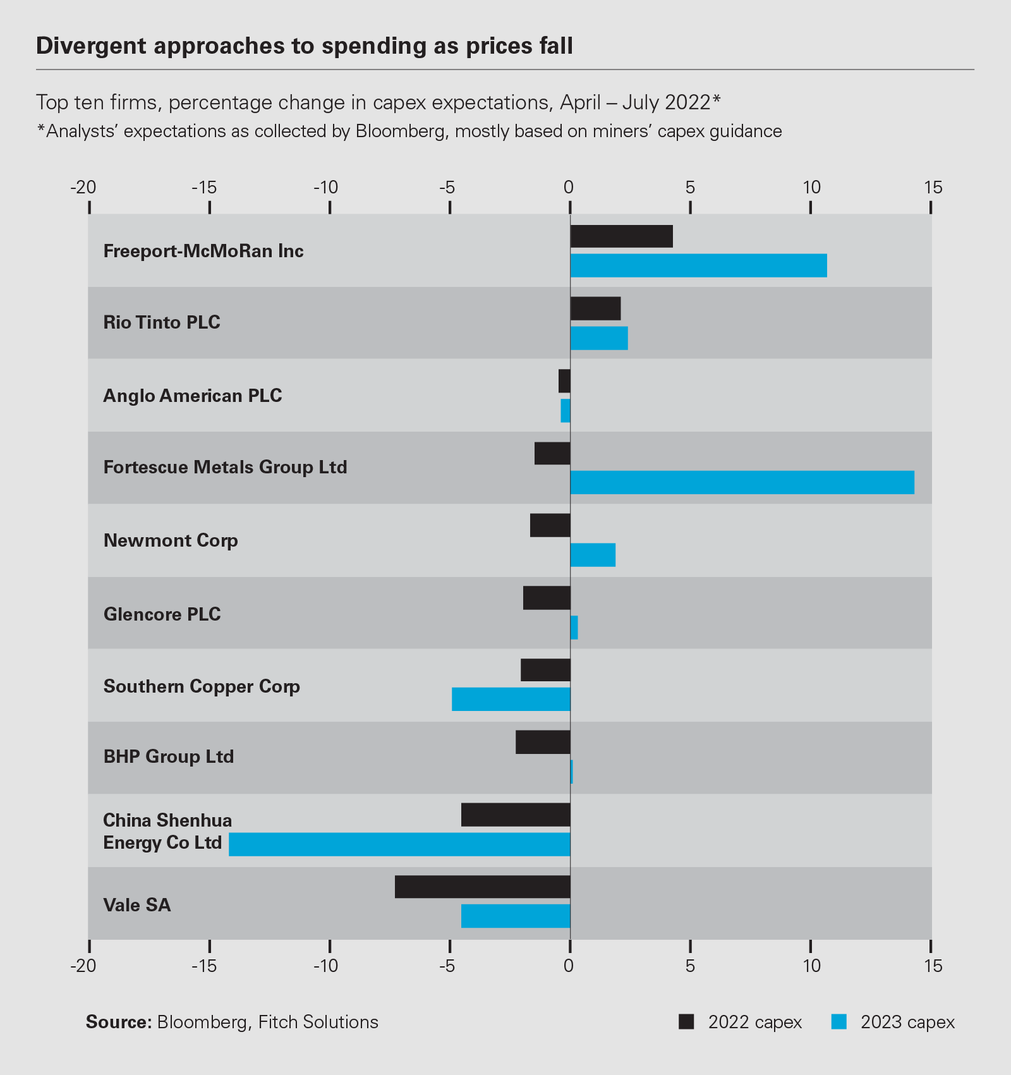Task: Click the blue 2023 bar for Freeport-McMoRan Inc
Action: coord(698,265)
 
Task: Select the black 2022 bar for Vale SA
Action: coord(483,887)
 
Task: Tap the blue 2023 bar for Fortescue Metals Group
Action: coord(742,482)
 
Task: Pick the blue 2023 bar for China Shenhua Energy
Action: coord(399,844)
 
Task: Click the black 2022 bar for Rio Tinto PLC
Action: coord(595,308)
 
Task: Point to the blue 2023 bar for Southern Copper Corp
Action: coord(511,699)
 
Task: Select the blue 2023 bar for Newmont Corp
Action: coord(593,555)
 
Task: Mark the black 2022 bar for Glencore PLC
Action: coord(547,598)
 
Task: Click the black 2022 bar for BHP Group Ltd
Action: coord(543,742)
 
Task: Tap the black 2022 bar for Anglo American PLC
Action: coord(564,381)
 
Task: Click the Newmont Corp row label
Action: coord(171,540)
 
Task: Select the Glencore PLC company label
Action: coord(162,614)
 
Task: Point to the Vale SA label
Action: coord(137,905)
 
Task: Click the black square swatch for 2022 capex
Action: coord(686,1022)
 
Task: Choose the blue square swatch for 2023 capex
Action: coord(838,1022)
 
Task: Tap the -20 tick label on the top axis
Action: coord(83,188)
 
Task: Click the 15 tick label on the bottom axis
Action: coord(933,966)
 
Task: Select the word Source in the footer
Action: coord(118,1022)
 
